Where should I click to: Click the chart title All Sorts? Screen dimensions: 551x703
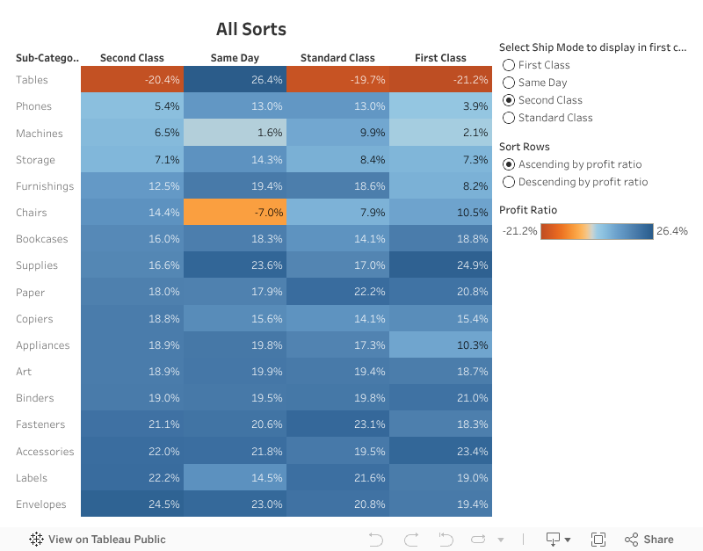[x=251, y=29]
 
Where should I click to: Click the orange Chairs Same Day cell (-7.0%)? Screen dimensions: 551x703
[x=235, y=213]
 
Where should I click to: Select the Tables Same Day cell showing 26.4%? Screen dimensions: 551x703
[x=235, y=80]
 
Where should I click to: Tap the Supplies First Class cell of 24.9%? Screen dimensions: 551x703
[x=440, y=265]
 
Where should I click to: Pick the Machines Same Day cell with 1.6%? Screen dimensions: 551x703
[x=235, y=134]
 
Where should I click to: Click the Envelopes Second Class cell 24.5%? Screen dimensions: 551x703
[x=132, y=504]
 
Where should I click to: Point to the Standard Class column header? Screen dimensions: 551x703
[x=337, y=58]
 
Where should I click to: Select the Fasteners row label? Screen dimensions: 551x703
[x=40, y=424]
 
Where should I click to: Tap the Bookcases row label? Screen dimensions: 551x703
[x=41, y=239]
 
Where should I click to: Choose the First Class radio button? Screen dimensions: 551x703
[x=508, y=65]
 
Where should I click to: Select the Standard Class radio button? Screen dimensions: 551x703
[x=508, y=118]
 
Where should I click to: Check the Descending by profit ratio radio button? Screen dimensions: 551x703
[x=508, y=182]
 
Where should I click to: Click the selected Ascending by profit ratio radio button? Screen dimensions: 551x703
[x=508, y=164]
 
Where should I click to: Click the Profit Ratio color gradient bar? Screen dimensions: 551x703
[x=597, y=231]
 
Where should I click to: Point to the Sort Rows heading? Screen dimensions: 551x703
[x=525, y=147]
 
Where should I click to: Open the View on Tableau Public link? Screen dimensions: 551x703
[x=98, y=540]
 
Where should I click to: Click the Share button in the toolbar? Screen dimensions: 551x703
[x=649, y=540]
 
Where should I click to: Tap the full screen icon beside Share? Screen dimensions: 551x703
[x=598, y=540]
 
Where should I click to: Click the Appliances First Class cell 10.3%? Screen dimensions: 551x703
[x=440, y=345]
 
